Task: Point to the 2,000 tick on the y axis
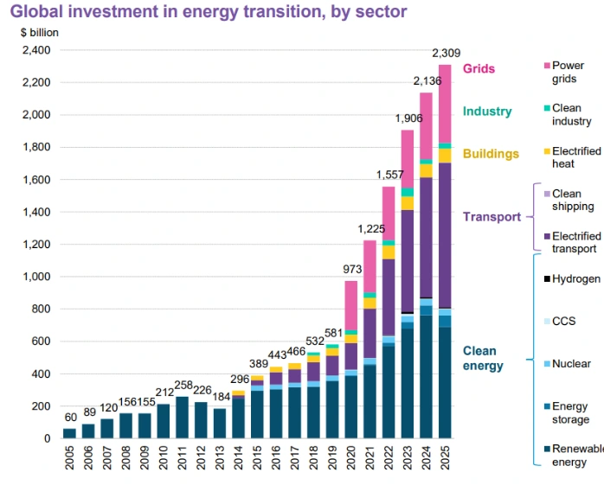tap(35, 115)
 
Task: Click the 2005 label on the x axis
tap(69, 457)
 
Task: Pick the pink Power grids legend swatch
tap(546, 66)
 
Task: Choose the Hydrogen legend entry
tap(575, 278)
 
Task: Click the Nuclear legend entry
tap(571, 363)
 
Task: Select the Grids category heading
tap(479, 69)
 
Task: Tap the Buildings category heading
tap(491, 154)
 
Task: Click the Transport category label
tap(492, 217)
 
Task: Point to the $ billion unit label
tap(42, 32)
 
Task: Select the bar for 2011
tap(183, 417)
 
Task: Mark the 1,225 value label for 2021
tap(370, 230)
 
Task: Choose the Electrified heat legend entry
tap(575, 157)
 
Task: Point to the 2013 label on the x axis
tap(220, 457)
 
